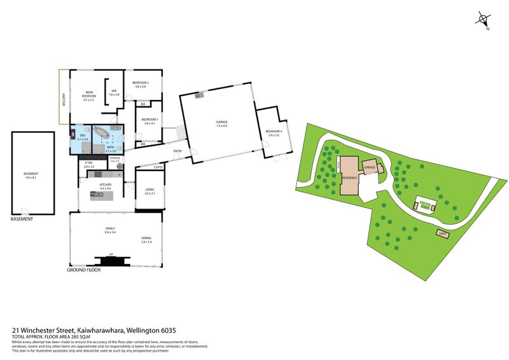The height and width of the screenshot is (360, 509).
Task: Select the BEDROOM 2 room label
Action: click(x=141, y=84)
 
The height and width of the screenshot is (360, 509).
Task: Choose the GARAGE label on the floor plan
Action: click(x=221, y=123)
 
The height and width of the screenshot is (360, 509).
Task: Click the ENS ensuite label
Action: click(x=81, y=136)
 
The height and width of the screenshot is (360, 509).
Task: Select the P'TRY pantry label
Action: click(x=89, y=165)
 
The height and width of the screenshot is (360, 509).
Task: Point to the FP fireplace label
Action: click(x=111, y=254)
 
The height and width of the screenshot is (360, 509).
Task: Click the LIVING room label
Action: click(x=150, y=189)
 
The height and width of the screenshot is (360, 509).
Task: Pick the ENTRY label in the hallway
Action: click(x=178, y=151)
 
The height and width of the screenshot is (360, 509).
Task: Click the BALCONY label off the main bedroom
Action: click(x=64, y=99)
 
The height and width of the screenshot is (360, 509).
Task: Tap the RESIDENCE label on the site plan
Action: click(x=349, y=177)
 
